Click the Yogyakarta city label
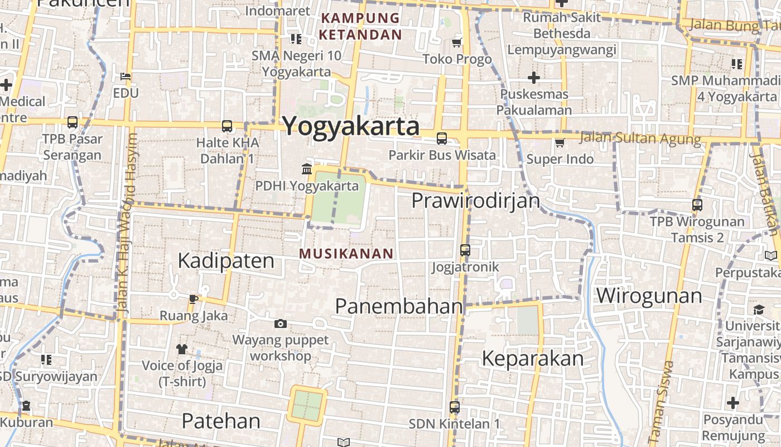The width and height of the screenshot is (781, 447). pyautogui.click(x=351, y=126)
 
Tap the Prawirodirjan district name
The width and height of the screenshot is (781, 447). pyautogui.click(x=476, y=201)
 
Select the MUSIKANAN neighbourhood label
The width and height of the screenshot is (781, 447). pyautogui.click(x=346, y=254)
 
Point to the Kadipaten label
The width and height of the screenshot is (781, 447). pyautogui.click(x=226, y=261)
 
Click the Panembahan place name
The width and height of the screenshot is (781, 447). pyautogui.click(x=399, y=306)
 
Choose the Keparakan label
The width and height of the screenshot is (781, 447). pyautogui.click(x=532, y=358)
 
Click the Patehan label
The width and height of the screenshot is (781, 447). pyautogui.click(x=221, y=421)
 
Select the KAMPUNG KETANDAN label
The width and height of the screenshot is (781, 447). pyautogui.click(x=360, y=26)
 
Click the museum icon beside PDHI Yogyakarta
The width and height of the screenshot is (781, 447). pyautogui.click(x=307, y=169)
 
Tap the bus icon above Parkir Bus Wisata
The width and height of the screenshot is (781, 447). pyautogui.click(x=442, y=138)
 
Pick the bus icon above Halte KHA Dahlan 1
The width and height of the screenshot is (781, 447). pyautogui.click(x=226, y=126)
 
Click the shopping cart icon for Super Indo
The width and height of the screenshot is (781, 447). pyautogui.click(x=560, y=142)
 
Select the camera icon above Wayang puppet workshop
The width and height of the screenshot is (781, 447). pyautogui.click(x=280, y=324)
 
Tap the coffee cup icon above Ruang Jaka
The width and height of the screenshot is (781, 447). pyautogui.click(x=193, y=299)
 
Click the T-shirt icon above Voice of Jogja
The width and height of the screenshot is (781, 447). pyautogui.click(x=182, y=349)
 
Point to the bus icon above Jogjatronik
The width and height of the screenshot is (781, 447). pyautogui.click(x=465, y=250)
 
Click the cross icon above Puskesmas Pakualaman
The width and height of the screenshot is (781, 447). pyautogui.click(x=534, y=77)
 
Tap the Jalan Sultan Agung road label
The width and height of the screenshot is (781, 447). pyautogui.click(x=640, y=138)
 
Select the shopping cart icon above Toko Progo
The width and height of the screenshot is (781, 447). pyautogui.click(x=457, y=42)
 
